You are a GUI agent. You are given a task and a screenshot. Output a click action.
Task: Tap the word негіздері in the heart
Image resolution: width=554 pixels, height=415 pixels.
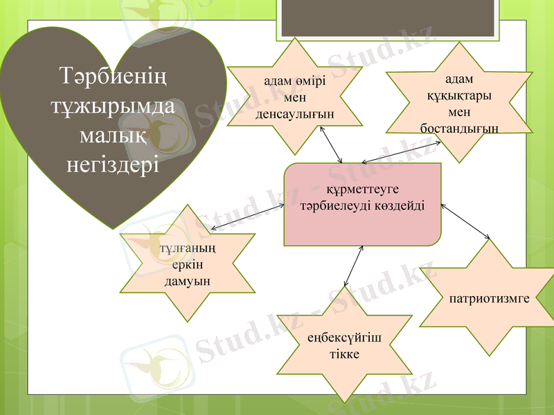tap(113, 166)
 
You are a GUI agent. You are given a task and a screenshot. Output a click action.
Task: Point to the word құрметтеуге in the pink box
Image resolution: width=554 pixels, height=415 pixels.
tap(362, 189)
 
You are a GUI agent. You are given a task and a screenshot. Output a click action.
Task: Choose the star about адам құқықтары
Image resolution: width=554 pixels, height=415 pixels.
tap(459, 104)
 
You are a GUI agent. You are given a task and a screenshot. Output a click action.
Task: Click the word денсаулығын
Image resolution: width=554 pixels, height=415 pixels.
tap(295, 113)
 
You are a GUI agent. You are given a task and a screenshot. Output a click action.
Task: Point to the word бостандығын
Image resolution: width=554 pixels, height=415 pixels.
tap(459, 129)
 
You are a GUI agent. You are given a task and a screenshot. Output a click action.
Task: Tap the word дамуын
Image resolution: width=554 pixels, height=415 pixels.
tap(188, 281)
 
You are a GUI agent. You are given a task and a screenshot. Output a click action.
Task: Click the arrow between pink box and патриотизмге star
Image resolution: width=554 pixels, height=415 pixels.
tap(465, 222)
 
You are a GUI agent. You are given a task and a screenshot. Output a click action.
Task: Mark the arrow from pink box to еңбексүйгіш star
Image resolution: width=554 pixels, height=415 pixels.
tap(353, 266)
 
